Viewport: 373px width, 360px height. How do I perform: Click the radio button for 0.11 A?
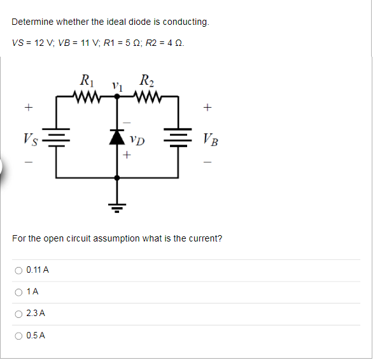coord(18,270)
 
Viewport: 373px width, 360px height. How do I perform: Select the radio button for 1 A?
coord(18,292)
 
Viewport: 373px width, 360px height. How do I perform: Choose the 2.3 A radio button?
coord(18,313)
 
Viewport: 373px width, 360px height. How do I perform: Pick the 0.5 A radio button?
coord(18,335)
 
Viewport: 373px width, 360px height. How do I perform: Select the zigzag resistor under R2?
coord(148,97)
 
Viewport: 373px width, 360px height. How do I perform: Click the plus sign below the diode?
coord(127,154)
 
